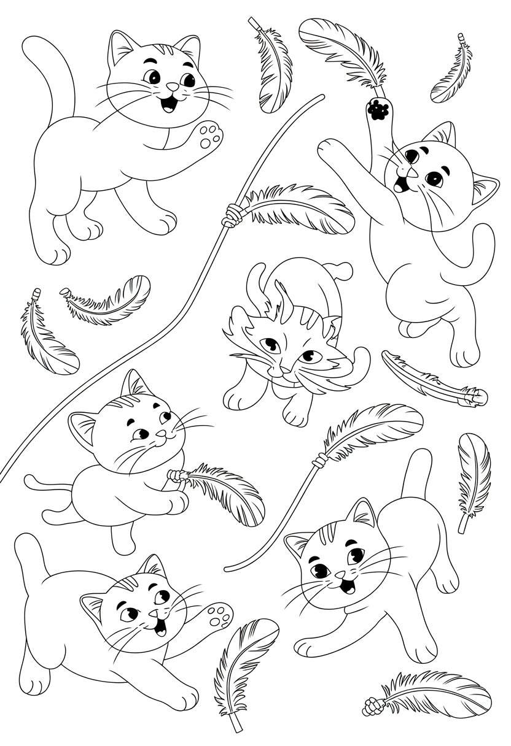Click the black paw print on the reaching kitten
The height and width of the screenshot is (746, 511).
click(x=376, y=110)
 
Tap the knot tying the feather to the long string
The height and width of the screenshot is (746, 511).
click(x=233, y=215)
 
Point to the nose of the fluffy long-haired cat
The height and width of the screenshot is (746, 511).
click(x=283, y=369)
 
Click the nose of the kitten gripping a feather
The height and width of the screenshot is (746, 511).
click(x=161, y=434)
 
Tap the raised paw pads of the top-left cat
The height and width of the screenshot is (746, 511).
click(x=206, y=136)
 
